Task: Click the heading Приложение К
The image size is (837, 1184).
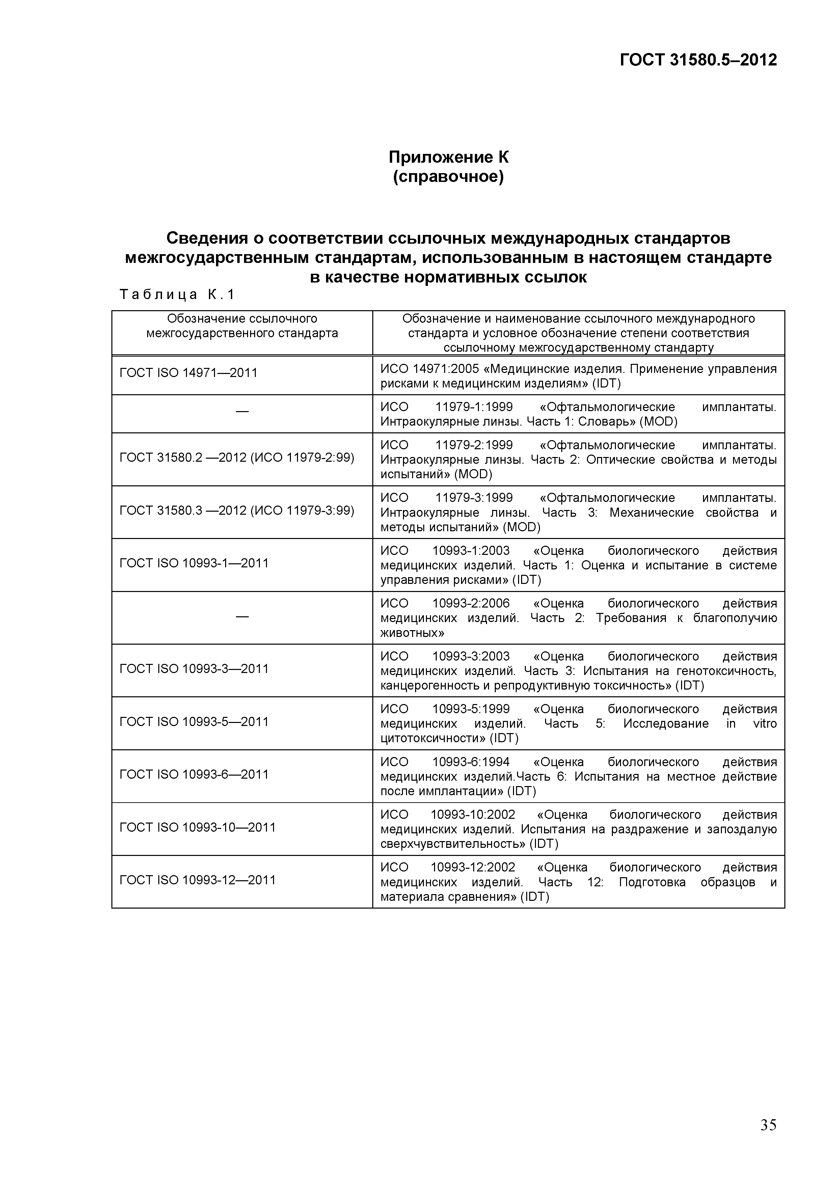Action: point(448,157)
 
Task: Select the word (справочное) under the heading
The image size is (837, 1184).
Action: point(448,177)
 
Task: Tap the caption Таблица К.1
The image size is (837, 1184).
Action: point(177,294)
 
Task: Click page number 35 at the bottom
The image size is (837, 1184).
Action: point(768,1125)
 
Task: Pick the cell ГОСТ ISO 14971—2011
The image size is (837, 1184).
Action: point(188,373)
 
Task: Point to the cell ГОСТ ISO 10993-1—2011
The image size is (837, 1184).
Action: point(194,563)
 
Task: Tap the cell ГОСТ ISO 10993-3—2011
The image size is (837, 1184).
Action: point(194,669)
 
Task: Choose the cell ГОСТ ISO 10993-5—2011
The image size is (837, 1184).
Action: point(194,721)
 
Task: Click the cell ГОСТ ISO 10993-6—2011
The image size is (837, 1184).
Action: point(194,775)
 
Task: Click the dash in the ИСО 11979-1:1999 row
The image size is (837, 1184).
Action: point(242,411)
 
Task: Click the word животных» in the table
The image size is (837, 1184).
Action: point(412,633)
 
